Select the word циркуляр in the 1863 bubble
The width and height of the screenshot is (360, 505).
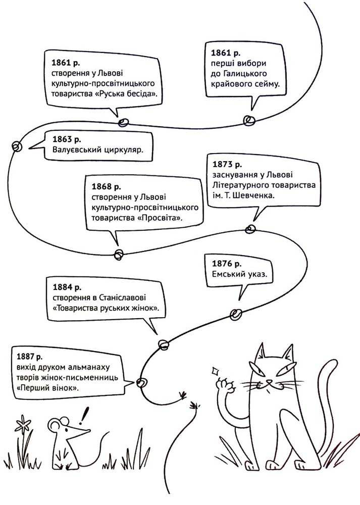pyautogui.click(x=124, y=150)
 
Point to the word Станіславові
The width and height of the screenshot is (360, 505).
pyautogui.click(x=123, y=297)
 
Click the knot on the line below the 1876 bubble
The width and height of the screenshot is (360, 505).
pyautogui.click(x=236, y=314)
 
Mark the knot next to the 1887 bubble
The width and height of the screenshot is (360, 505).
pyautogui.click(x=142, y=383)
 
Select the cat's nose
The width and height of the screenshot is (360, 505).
pyautogui.click(x=269, y=382)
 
